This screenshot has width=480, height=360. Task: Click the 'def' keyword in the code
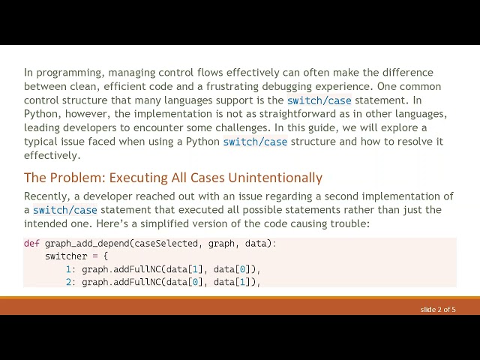[x=31, y=244]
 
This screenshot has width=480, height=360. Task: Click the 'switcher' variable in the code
[x=66, y=256]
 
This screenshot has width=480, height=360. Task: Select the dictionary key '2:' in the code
[x=70, y=282]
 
